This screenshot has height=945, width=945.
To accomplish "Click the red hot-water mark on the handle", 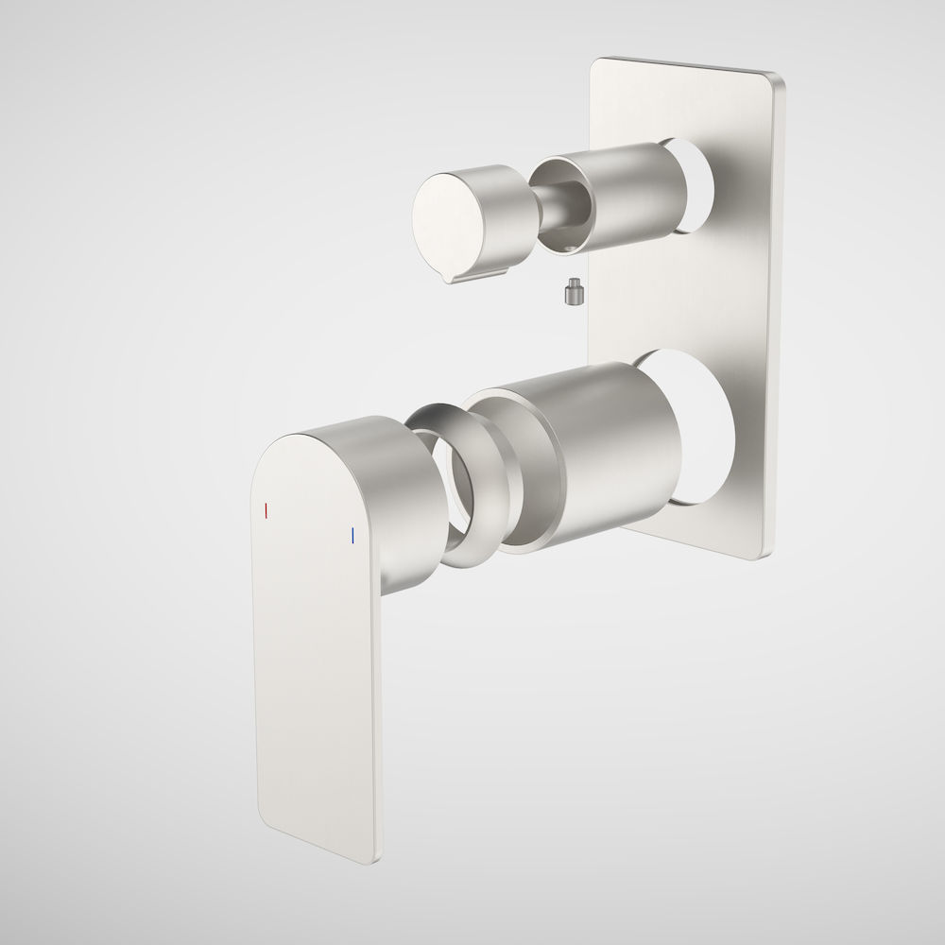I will point(267,510).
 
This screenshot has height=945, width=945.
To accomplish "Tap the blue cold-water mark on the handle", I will point(352,536).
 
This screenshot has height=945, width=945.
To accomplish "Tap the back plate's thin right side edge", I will point(779,312).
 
